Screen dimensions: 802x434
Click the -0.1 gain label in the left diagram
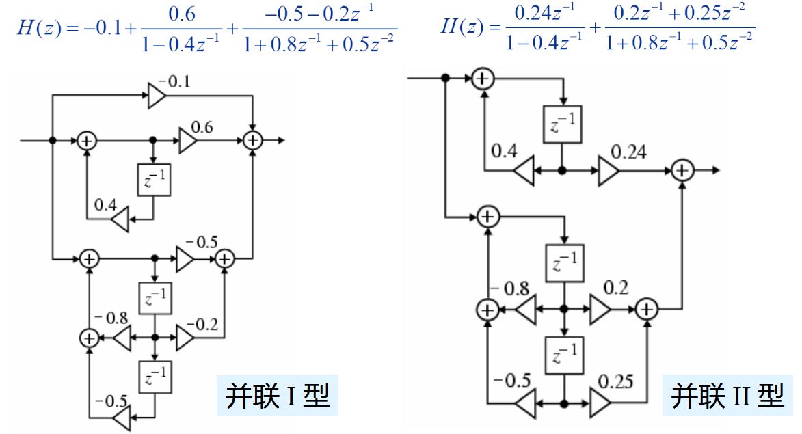(174, 82)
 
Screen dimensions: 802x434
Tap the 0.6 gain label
(202, 127)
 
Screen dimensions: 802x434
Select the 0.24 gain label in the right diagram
(628, 152)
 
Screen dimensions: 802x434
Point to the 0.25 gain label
(615, 381)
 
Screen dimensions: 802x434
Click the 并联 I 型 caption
(278, 395)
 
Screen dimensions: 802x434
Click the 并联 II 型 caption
(727, 395)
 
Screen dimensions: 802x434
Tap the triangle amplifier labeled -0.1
(157, 96)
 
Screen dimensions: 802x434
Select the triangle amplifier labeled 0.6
(188, 141)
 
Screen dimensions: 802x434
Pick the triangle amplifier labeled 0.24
(609, 171)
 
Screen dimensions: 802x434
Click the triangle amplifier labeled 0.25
(600, 404)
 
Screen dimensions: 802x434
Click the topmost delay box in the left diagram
(154, 180)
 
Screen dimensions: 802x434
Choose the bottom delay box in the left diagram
(155, 377)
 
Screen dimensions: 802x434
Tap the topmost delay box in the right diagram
(563, 124)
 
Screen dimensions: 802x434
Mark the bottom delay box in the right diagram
(564, 355)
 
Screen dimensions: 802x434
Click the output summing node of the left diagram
(253, 141)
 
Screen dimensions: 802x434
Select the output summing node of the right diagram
(682, 170)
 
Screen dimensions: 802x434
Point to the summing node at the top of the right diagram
(482, 79)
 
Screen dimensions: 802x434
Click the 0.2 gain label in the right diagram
(615, 288)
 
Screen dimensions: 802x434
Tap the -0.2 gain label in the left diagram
(202, 325)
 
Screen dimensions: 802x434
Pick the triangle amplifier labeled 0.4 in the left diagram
(120, 220)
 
